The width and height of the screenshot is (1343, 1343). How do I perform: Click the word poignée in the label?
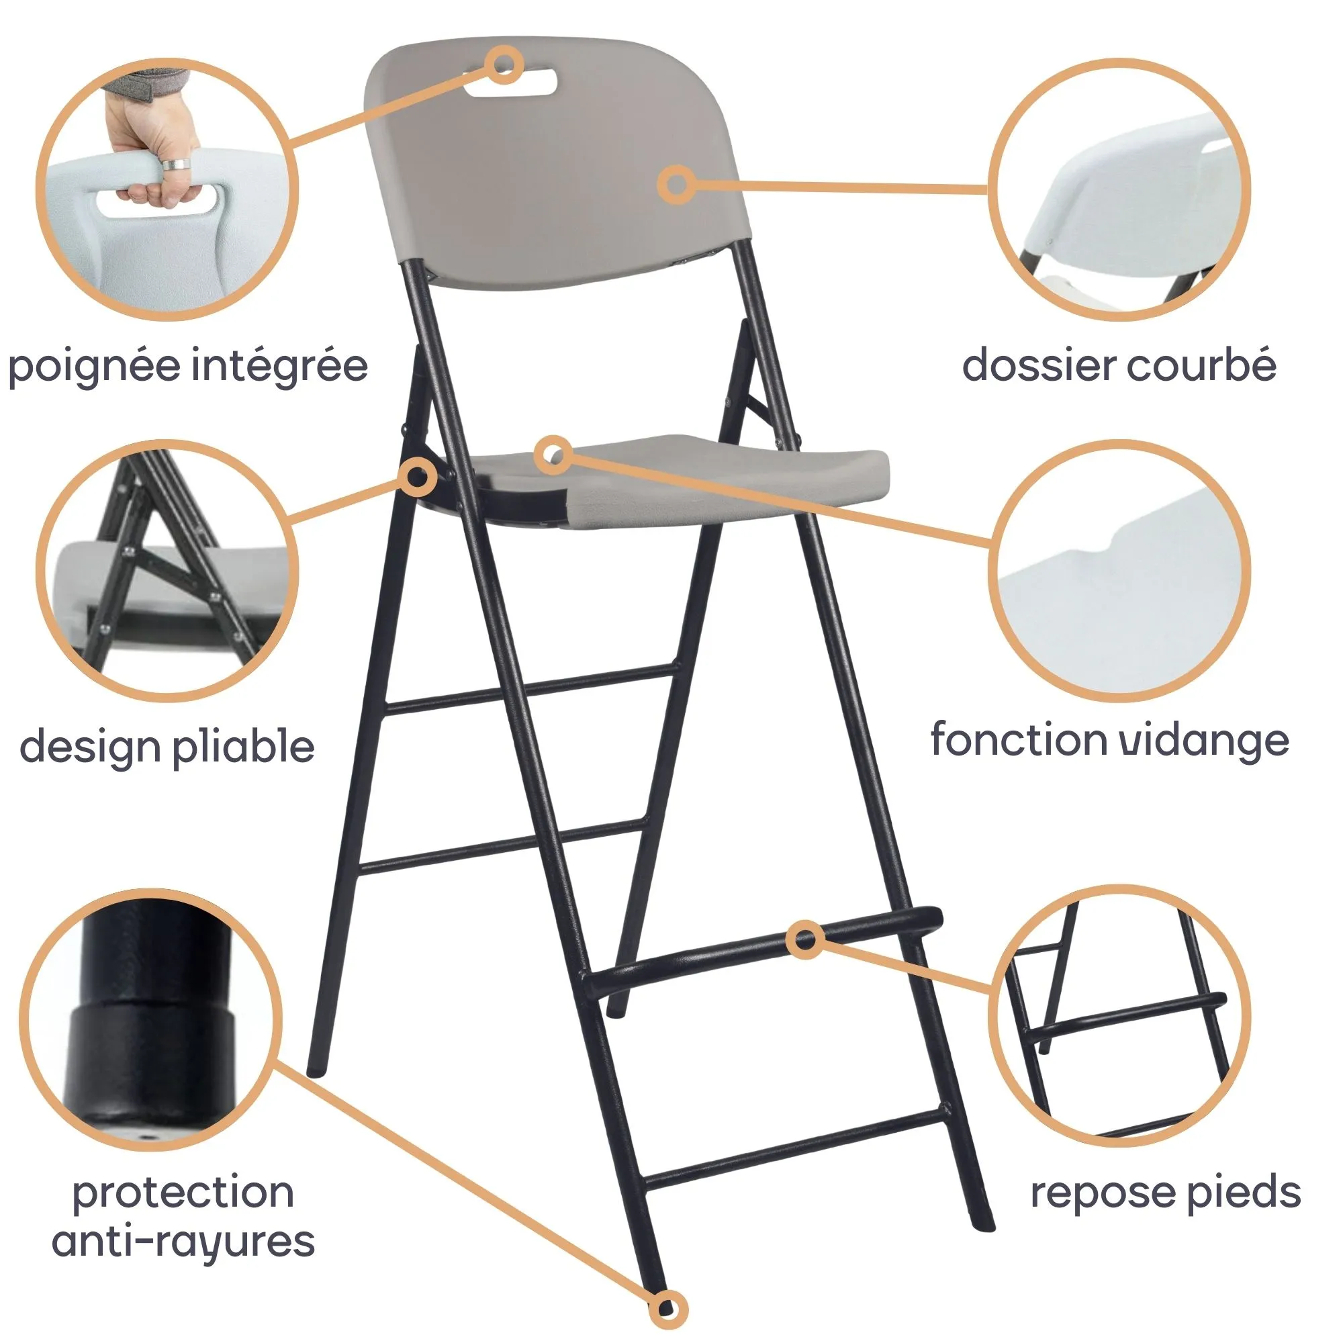[x=93, y=367]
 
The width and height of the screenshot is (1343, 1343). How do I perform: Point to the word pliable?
[x=242, y=747]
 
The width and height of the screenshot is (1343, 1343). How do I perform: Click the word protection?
[x=183, y=1193]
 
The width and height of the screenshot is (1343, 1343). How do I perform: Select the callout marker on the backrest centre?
[x=676, y=184]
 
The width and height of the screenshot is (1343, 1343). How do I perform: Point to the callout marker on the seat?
[x=554, y=456]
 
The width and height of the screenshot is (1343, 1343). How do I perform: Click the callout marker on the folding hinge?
[x=417, y=477]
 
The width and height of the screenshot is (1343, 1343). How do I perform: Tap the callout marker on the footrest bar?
[x=806, y=940]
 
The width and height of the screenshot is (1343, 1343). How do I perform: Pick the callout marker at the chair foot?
[x=667, y=1309]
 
